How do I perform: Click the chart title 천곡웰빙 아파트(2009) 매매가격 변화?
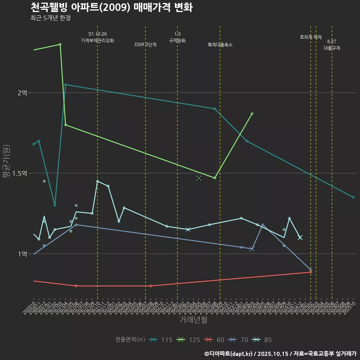point(111,7)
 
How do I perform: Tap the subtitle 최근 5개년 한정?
point(50,18)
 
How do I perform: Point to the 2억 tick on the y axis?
point(22,93)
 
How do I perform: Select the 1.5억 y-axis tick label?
point(20,173)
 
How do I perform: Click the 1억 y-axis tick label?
point(22,254)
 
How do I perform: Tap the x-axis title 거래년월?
point(193,320)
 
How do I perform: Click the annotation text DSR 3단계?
point(145,45)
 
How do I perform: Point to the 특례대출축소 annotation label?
point(220,45)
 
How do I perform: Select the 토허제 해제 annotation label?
point(311,37)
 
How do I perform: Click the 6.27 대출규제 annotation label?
point(332,45)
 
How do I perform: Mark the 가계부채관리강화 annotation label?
point(97,40)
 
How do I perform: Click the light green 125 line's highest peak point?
point(60,44)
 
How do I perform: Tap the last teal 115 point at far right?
point(353,197)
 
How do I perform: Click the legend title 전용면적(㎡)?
point(130,340)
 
